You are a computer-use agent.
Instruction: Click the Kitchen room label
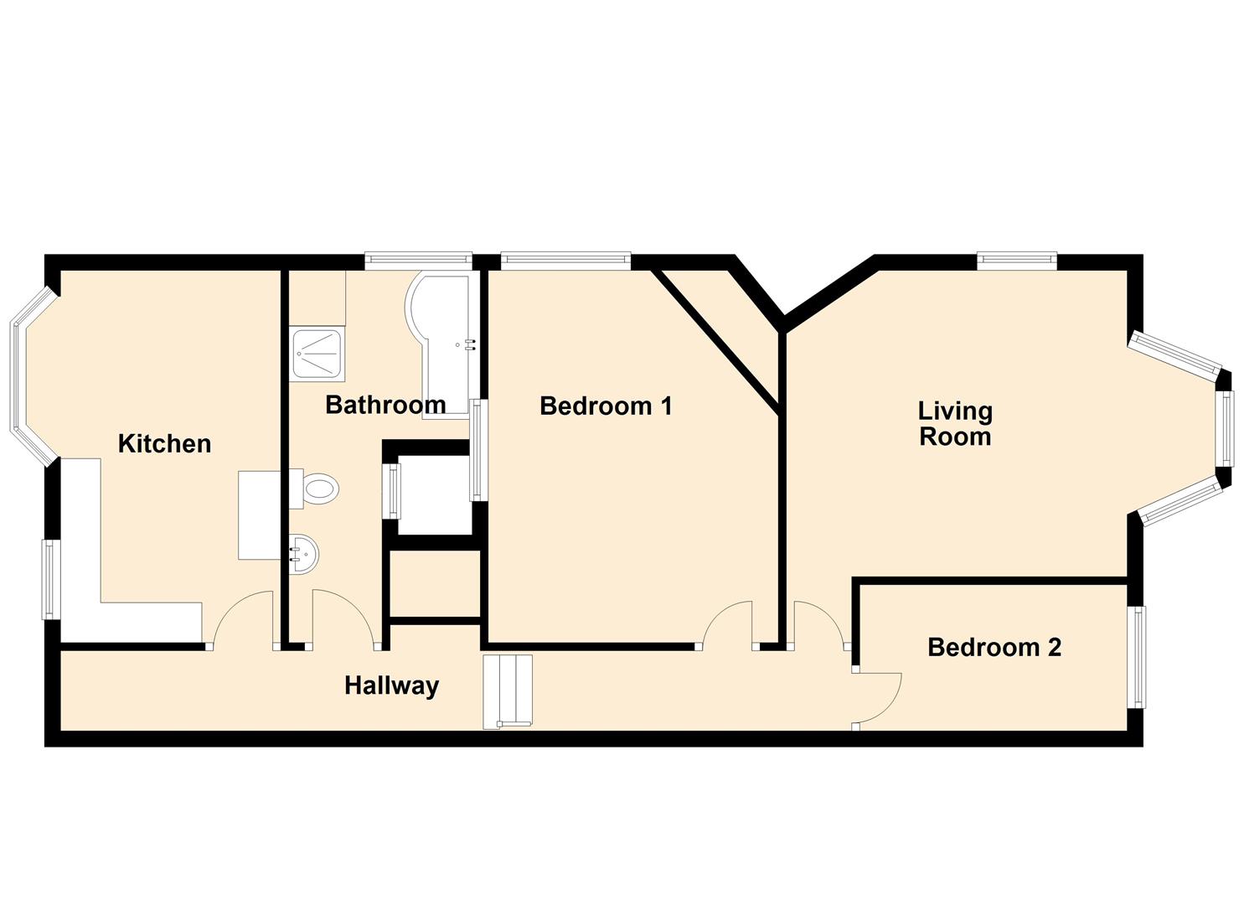pos(164,443)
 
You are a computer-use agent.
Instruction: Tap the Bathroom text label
pos(385,405)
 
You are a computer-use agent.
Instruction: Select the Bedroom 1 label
pos(606,406)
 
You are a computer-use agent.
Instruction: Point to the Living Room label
pos(955,423)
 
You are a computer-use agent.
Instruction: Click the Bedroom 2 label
pos(994,647)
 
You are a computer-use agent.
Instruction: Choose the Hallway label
pos(391,685)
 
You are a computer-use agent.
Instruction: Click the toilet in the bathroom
pos(317,489)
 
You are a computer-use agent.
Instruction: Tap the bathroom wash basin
pos(303,554)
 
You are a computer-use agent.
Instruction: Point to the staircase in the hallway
pos(508,690)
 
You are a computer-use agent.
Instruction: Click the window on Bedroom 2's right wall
pos(1138,657)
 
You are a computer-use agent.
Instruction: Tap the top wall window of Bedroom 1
pos(565,261)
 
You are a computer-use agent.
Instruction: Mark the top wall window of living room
pos(1016,261)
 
